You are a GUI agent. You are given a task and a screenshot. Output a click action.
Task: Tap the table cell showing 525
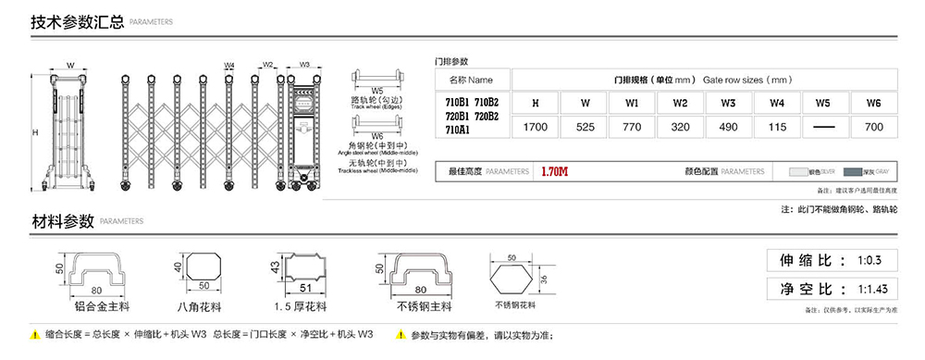[x=585, y=127]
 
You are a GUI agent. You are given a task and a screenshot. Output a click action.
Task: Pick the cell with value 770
[x=633, y=127]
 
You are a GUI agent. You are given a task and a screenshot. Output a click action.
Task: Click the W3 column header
[x=729, y=103]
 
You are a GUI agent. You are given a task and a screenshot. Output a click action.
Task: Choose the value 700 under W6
[x=873, y=127]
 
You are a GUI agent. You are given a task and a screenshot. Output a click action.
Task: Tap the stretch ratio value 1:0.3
[x=870, y=260]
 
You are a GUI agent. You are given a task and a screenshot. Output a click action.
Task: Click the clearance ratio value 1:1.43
[x=872, y=289]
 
